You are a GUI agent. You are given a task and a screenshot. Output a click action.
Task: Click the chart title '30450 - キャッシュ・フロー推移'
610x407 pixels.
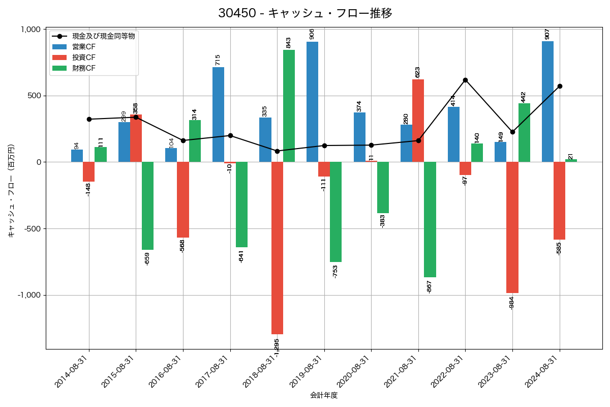(305, 13)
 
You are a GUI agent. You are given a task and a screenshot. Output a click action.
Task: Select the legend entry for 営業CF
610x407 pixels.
(83, 47)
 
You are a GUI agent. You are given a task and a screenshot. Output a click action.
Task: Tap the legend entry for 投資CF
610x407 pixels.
(83, 57)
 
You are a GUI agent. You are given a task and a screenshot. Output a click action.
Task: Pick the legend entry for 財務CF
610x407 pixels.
(83, 68)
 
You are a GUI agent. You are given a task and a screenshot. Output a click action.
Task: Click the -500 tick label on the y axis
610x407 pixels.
(32, 229)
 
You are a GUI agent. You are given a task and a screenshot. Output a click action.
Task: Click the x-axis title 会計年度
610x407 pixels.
(324, 395)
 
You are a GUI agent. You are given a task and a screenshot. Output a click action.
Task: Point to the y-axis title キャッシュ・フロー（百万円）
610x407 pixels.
(11, 191)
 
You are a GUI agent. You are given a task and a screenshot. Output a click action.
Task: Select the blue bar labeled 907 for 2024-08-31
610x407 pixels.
(547, 102)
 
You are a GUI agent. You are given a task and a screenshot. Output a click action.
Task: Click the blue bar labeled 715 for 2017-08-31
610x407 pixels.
(218, 114)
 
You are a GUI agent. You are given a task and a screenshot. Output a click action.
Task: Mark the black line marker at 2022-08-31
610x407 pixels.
(465, 80)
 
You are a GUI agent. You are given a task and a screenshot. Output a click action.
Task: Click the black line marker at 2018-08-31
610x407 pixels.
(277, 151)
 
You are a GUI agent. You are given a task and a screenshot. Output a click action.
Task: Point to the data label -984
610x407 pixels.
(512, 303)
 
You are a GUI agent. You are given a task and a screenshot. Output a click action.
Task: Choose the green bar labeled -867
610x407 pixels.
(430, 220)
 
